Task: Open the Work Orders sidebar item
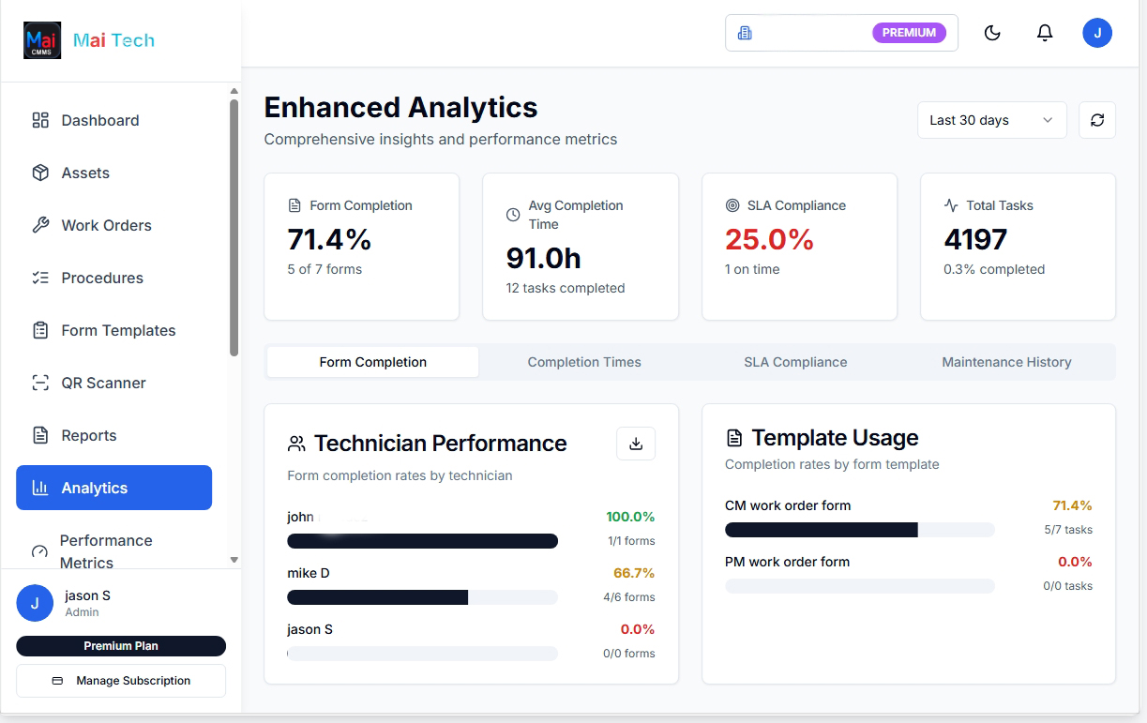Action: (105, 225)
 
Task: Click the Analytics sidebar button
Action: (113, 488)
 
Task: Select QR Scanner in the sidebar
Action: (103, 383)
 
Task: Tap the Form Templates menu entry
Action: (117, 330)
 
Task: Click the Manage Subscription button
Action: (121, 681)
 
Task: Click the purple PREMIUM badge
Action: (909, 33)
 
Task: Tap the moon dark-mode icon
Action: (992, 34)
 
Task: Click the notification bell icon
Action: (1045, 34)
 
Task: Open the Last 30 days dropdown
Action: (991, 120)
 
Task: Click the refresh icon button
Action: (1097, 120)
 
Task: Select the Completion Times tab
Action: (584, 362)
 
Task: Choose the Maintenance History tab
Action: (1006, 362)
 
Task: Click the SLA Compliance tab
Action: (795, 362)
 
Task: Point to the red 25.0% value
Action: (769, 240)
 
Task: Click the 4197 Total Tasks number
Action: (975, 240)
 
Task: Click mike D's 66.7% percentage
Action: (634, 573)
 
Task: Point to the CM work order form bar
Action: (859, 530)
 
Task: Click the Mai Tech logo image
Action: (42, 40)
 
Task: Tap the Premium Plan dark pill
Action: (121, 646)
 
